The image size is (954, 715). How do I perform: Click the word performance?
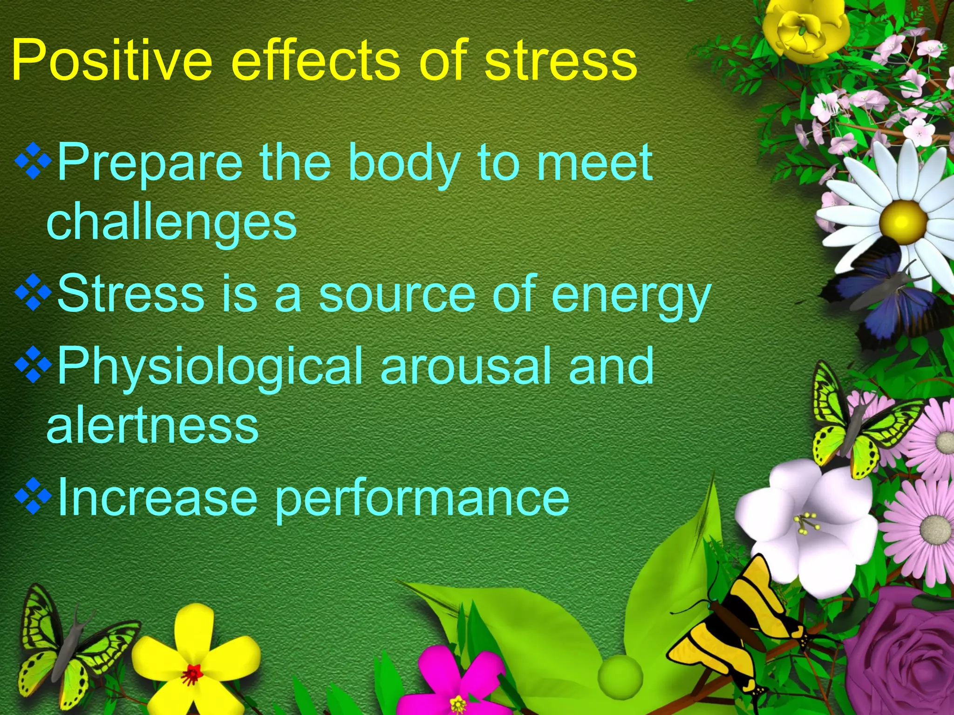coord(422,499)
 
